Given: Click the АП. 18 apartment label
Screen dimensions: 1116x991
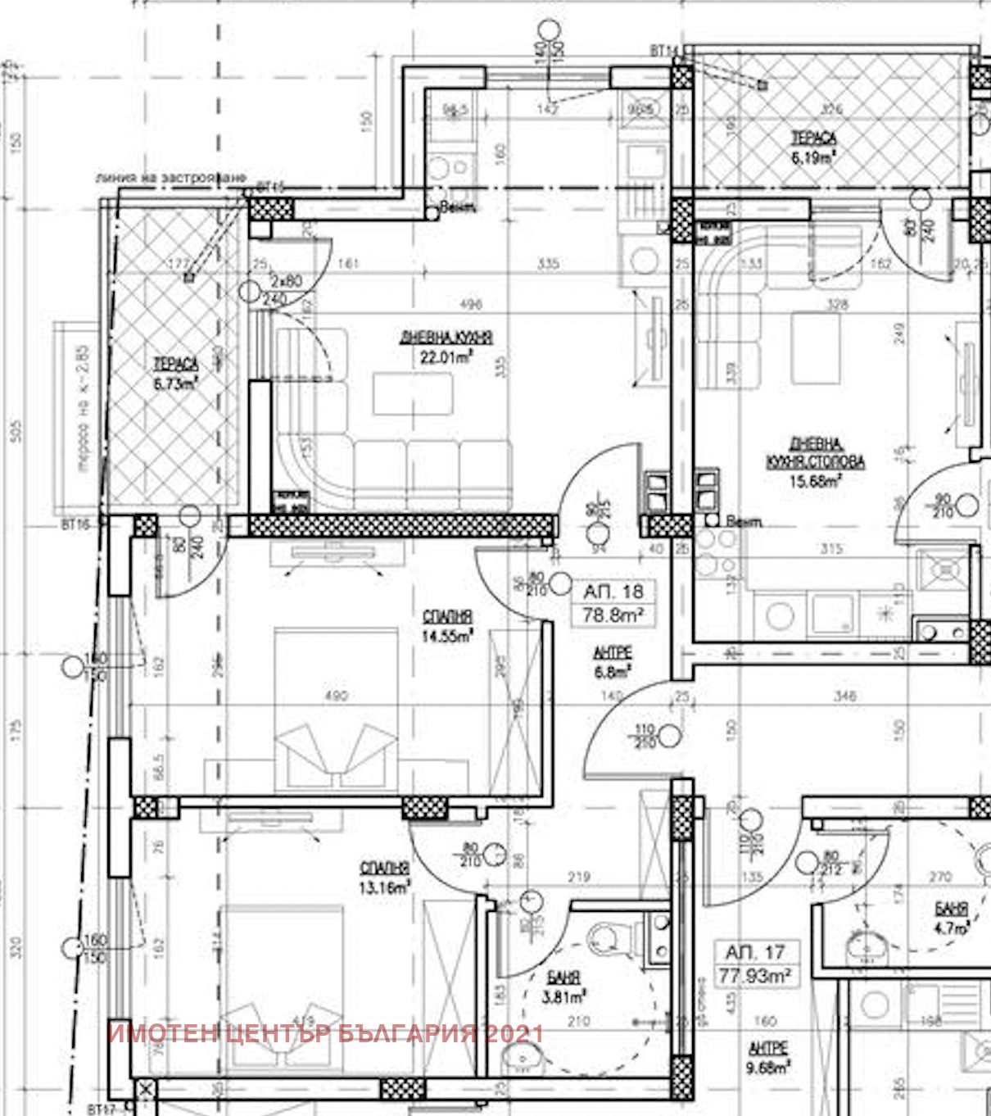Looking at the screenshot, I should [613, 592].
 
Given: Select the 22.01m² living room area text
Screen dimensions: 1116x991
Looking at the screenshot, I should [446, 357].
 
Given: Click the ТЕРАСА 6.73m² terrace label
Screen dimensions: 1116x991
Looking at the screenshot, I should [175, 374].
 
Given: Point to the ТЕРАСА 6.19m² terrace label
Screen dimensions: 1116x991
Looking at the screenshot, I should [813, 147].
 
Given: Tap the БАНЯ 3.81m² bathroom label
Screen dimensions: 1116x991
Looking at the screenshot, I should [563, 987].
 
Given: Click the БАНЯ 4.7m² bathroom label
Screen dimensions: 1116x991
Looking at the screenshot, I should [951, 919].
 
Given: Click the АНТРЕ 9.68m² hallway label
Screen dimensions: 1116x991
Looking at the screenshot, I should [767, 1058].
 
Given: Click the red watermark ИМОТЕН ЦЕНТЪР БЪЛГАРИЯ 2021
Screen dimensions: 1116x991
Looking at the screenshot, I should [325, 1032].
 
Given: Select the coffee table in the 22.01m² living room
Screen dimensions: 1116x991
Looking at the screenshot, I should [413, 394].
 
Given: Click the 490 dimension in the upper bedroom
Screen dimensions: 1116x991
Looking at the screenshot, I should [336, 696].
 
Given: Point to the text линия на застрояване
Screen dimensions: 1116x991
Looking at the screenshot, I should [170, 177].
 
